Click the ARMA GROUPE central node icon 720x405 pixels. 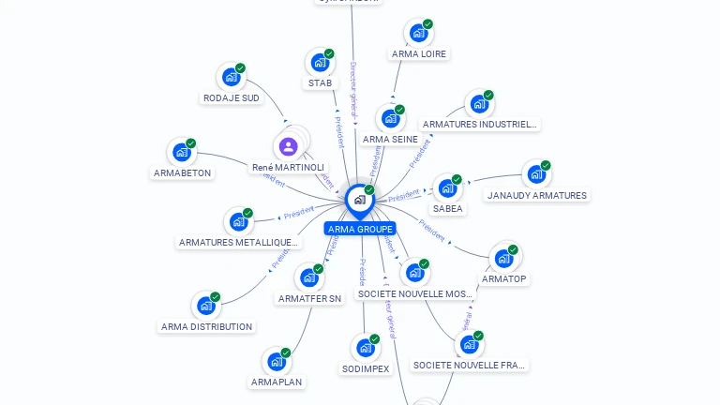(359, 200)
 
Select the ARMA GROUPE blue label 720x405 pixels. (360, 229)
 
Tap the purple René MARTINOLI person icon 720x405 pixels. (288, 146)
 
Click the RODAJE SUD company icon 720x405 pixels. (230, 77)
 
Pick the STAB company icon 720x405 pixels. (319, 63)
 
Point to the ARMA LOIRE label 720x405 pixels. (419, 53)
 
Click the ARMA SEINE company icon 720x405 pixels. (390, 118)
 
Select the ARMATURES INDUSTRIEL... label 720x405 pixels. (480, 124)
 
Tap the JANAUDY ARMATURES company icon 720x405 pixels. (535, 173)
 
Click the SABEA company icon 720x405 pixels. (446, 187)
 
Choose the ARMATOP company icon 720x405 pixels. (503, 257)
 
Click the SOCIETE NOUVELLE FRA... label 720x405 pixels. (470, 365)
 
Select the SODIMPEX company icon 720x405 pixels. (365, 348)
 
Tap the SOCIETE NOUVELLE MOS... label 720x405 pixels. (415, 293)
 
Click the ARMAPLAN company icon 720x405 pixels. (276, 361)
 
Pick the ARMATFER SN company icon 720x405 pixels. (308, 277)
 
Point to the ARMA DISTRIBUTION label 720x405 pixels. (206, 326)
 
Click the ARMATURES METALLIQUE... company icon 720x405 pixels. (238, 222)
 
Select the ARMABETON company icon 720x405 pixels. (181, 152)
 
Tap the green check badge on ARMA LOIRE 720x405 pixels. (427, 24)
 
